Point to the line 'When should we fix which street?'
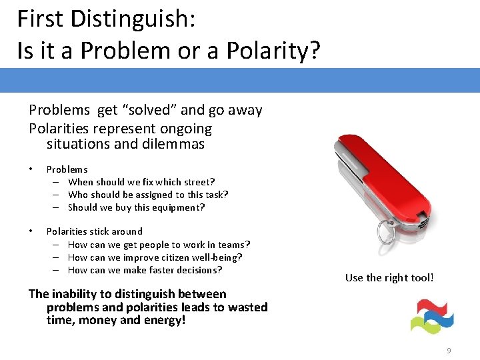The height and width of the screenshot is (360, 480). pyautogui.click(x=141, y=182)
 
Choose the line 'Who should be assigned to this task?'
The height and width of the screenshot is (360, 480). pyautogui.click(x=148, y=195)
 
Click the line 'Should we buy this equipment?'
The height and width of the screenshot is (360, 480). pyautogui.click(x=137, y=207)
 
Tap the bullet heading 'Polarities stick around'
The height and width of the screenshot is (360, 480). pyautogui.click(x=94, y=231)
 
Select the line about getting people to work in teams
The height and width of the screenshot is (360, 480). pyautogui.click(x=159, y=245)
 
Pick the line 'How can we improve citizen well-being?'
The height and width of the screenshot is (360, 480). pyautogui.click(x=155, y=257)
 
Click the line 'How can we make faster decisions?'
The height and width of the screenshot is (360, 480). pyautogui.click(x=145, y=270)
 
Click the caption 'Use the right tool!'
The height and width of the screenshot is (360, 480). pyautogui.click(x=389, y=277)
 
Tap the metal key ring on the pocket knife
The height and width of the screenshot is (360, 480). pyautogui.click(x=387, y=232)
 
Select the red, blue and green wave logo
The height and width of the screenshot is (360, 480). pyautogui.click(x=431, y=316)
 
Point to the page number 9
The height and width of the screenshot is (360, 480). pyautogui.click(x=449, y=351)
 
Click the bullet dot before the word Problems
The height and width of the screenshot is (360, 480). pyautogui.click(x=31, y=169)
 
